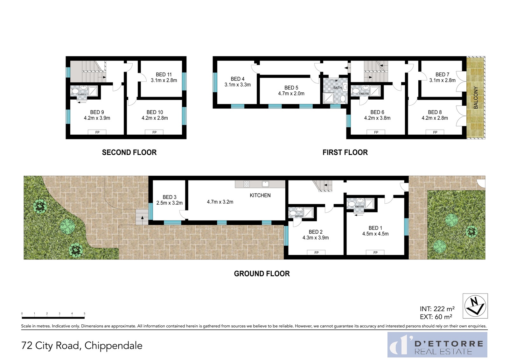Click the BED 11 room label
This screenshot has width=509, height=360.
click(x=164, y=74)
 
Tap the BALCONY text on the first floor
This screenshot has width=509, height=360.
click(x=476, y=98)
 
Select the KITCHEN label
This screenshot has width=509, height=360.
click(x=260, y=195)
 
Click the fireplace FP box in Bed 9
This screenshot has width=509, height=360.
click(x=97, y=132)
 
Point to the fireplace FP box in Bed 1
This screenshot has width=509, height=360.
click(x=375, y=252)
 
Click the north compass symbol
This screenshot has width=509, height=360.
click(x=475, y=306)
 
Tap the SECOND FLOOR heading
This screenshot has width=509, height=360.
click(x=129, y=152)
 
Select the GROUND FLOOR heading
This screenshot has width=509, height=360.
click(x=262, y=274)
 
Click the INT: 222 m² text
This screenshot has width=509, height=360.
click(x=437, y=309)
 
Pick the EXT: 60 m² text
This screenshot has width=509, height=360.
click(x=436, y=317)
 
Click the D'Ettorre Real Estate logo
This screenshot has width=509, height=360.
click(x=437, y=344)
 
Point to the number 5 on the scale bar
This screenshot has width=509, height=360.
click(x=85, y=314)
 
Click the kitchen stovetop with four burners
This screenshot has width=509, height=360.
click(x=247, y=184)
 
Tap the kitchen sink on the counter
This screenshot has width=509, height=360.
click(x=265, y=184)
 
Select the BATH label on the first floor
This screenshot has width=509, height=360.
click(x=338, y=88)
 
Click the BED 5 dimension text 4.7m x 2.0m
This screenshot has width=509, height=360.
click(x=291, y=94)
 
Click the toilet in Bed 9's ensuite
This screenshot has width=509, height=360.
click(x=74, y=91)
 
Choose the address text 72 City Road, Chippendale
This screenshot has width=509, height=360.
click(x=82, y=345)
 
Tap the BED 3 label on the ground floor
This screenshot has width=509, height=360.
click(x=169, y=197)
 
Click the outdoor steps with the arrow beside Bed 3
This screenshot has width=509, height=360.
click(x=142, y=217)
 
